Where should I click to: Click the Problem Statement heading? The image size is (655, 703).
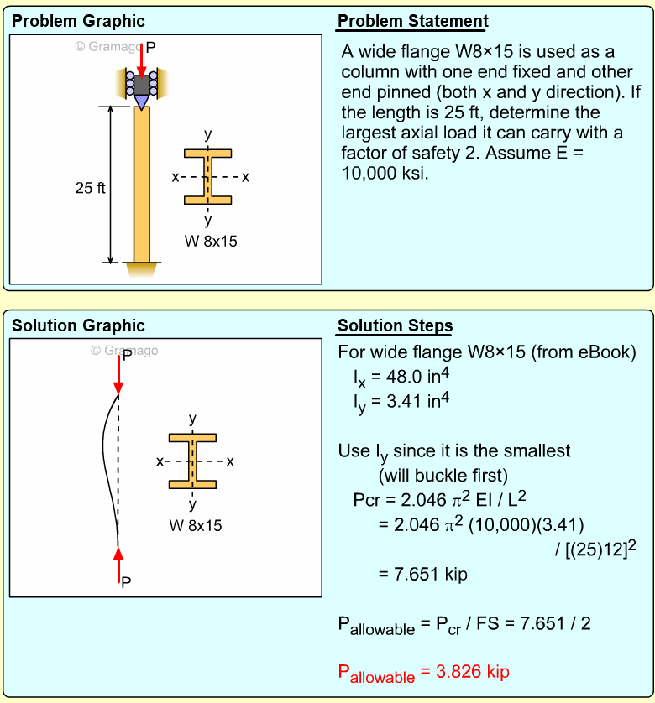412,22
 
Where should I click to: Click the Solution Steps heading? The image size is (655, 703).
395,326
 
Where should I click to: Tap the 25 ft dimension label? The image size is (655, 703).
90,188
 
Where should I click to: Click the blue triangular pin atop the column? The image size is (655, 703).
141,102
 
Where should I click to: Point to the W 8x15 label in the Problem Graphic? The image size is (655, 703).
209,242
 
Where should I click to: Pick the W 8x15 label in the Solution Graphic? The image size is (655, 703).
195,526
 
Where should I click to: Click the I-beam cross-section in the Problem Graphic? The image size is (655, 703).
208,177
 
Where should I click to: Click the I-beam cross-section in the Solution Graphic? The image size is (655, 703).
193,461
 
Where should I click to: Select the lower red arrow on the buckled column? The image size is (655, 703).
118,560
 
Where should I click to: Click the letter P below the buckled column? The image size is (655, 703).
126,581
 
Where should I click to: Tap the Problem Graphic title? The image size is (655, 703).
78,22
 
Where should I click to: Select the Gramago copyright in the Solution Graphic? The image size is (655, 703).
124,351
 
